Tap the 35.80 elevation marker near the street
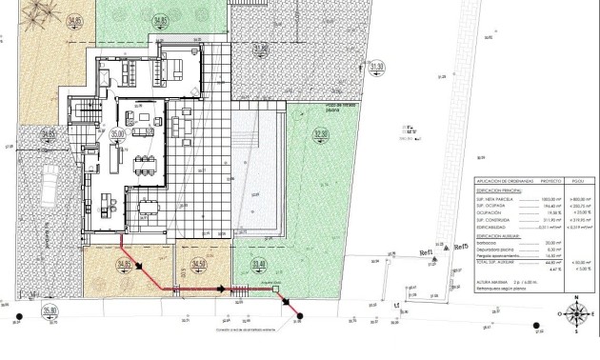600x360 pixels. pos(50,310)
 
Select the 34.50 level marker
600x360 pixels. pos(198,264)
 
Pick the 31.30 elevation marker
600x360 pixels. pos(376,67)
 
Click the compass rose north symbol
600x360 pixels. pos(576,313)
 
